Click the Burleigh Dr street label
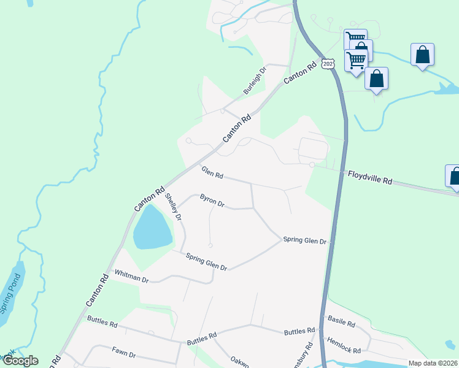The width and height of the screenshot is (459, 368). pos(255,80)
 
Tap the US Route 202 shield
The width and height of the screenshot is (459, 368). pos(328,64)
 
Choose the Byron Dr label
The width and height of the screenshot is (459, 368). pos(212,200)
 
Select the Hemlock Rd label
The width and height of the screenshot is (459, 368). pos(344,345)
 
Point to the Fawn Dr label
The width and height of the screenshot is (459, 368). pos(123,354)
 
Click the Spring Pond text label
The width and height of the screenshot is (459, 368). pos(8,298)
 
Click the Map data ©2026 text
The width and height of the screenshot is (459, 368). pos(432,363)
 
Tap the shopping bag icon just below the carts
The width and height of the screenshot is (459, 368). pos(376,79)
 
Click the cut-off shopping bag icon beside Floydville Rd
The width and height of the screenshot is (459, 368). pos(453,176)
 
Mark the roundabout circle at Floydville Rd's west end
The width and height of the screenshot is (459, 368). pos(312,165)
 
